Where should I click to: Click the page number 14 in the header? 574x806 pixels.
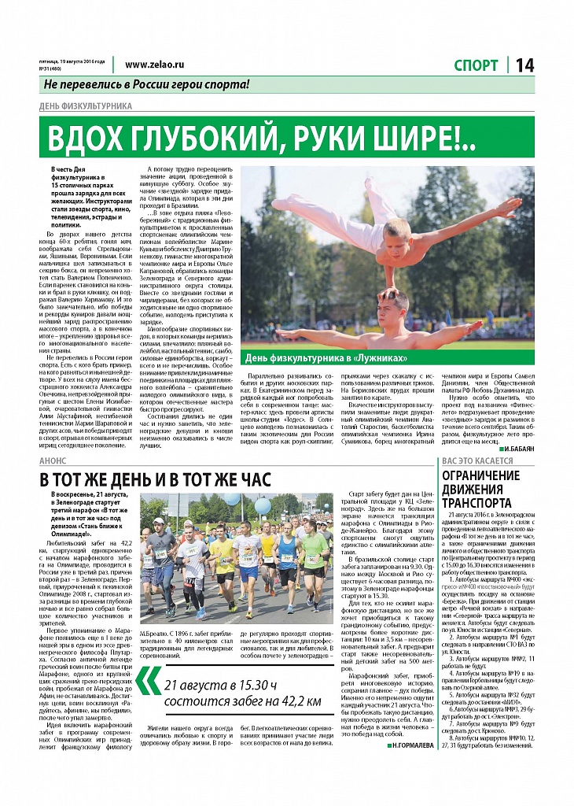coord(525,66)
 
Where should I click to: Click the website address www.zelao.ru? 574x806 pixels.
coord(154,65)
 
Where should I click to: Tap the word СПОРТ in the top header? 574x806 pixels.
coord(476,66)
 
